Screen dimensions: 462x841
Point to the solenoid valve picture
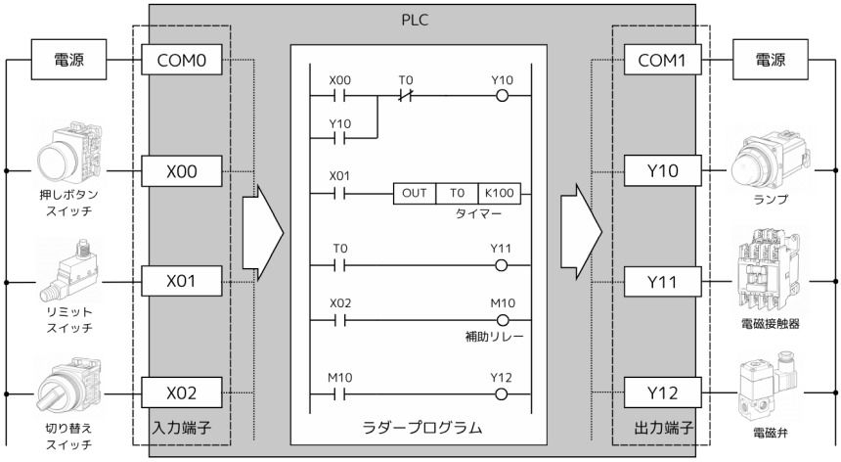pyautogui.click(x=773, y=387)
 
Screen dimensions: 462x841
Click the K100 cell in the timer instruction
pyautogui.click(x=499, y=193)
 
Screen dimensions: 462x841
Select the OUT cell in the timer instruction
pyautogui.click(x=415, y=193)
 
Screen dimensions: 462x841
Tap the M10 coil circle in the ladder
pyautogui.click(x=504, y=319)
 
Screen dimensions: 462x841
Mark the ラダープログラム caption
pyautogui.click(x=420, y=429)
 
